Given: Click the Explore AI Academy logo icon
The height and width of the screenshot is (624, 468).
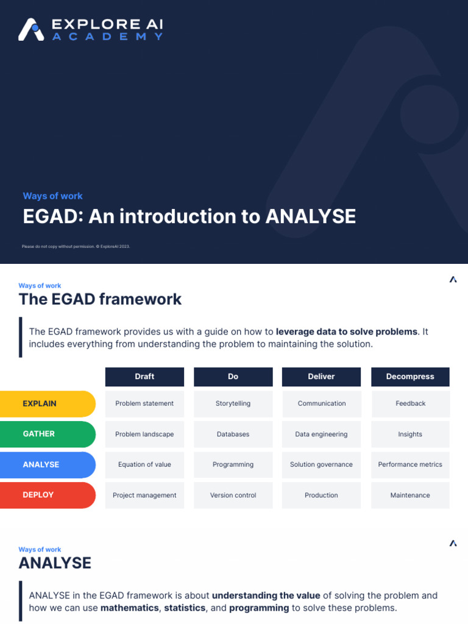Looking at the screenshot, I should [x=31, y=29].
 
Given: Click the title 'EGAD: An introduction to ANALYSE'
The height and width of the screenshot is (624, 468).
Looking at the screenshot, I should [x=189, y=216].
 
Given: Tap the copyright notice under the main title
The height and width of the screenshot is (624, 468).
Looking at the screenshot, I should [x=76, y=246].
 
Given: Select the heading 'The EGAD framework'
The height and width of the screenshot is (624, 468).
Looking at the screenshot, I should [x=100, y=299].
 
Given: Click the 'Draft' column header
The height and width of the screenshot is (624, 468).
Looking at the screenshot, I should [x=144, y=377].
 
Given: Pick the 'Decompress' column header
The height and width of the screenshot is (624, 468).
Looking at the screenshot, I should [x=410, y=377].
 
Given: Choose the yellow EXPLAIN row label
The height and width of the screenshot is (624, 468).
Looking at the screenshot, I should [x=47, y=403].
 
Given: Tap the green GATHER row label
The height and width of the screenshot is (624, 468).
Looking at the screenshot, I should [x=47, y=434].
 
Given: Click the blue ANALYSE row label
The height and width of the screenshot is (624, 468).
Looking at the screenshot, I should [x=47, y=464].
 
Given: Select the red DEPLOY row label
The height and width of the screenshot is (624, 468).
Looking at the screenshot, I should [x=47, y=495].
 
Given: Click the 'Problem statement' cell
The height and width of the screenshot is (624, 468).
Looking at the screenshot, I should [x=144, y=403].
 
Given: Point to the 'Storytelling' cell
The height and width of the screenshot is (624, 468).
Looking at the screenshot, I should [x=233, y=403].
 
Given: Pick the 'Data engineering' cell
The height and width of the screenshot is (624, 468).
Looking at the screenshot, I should [x=321, y=434].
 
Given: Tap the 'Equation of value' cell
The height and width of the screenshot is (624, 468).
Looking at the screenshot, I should [x=144, y=464].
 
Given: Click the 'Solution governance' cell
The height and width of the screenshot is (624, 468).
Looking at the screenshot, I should [x=321, y=464].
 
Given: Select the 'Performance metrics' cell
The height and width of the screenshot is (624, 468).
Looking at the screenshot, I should [x=410, y=464].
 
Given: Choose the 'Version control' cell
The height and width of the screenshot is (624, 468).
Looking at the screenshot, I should [x=233, y=495].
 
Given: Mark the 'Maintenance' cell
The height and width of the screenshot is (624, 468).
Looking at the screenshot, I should [x=410, y=495].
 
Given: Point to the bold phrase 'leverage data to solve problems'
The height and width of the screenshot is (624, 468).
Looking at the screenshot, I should [x=347, y=332].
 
